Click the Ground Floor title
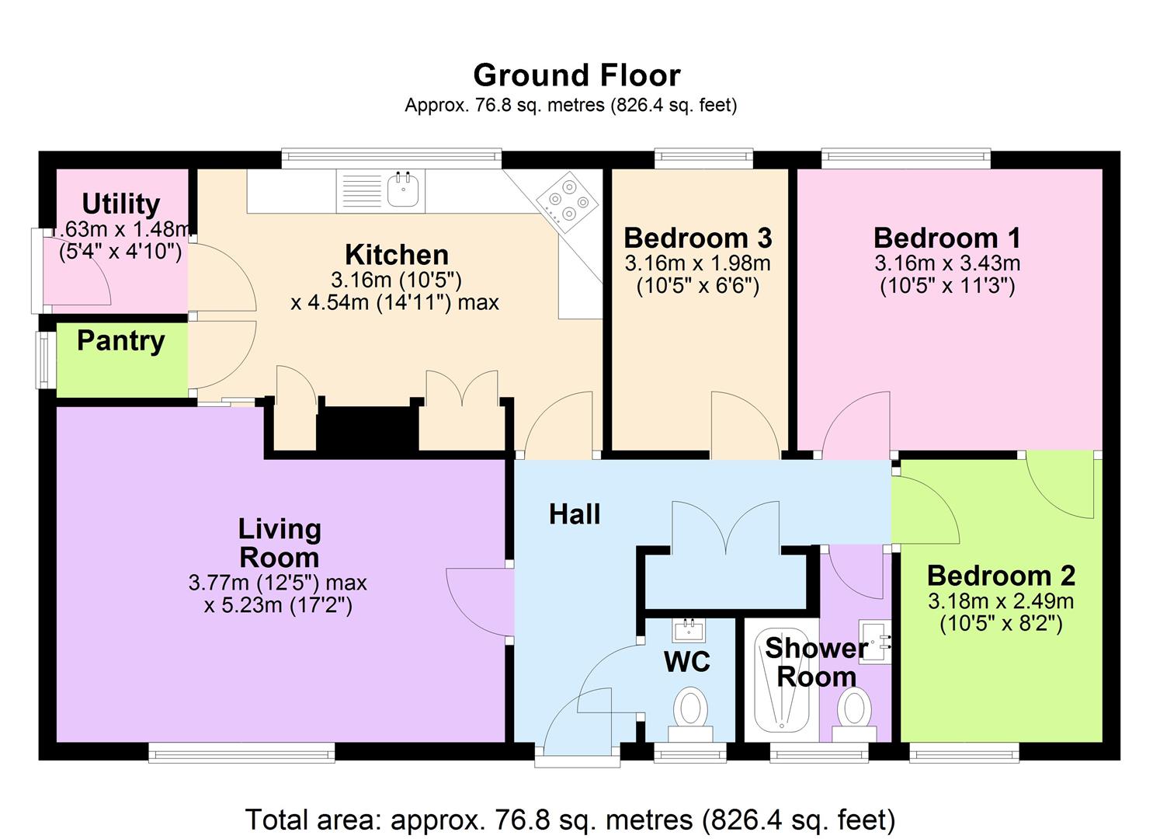(x=576, y=75)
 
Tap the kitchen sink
(x=403, y=190)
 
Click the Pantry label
(x=121, y=341)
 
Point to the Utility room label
(x=121, y=204)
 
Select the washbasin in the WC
(x=688, y=628)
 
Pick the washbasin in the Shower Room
(x=875, y=642)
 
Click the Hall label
(x=575, y=514)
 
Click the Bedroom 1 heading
(x=946, y=238)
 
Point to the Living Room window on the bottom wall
(x=241, y=750)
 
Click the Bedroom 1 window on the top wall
(x=905, y=159)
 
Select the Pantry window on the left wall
(x=45, y=360)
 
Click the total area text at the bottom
(x=570, y=820)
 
